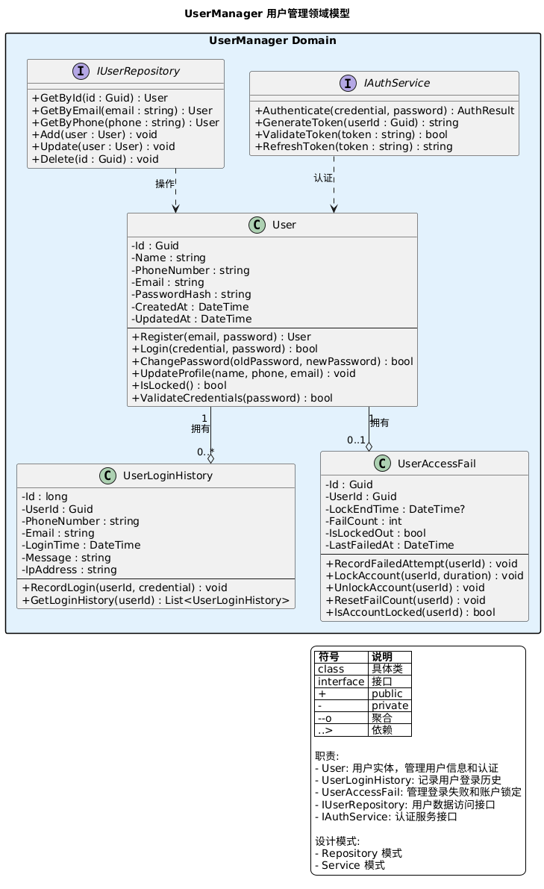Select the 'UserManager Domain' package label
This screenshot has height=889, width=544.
point(272,40)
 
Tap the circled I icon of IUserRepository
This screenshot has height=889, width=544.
point(81,72)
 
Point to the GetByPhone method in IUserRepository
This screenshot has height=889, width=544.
point(125,122)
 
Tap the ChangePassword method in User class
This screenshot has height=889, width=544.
point(272,361)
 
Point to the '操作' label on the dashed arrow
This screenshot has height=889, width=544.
point(164,184)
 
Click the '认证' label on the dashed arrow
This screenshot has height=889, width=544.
point(323,178)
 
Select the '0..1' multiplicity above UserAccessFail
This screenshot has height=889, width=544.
point(356,440)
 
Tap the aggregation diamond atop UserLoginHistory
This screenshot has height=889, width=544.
point(211,458)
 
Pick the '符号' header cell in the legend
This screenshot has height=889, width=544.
point(341,657)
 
